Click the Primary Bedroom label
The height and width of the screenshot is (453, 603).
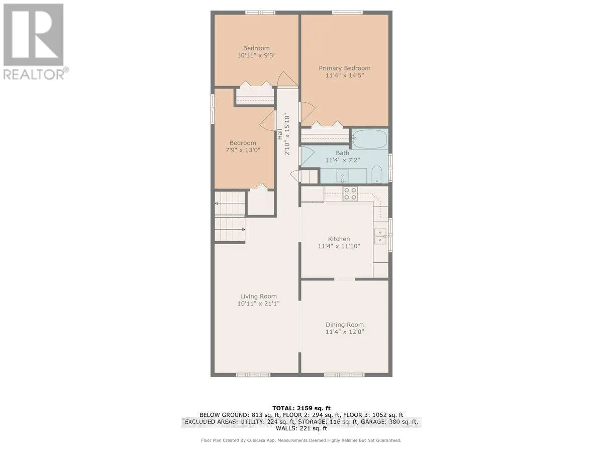coord(344,68)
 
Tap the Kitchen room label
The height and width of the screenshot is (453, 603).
coord(339,239)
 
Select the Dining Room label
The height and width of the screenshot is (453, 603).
coord(344,325)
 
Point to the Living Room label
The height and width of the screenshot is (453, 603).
coord(258,296)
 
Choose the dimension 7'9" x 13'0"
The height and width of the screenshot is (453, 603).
coord(243,150)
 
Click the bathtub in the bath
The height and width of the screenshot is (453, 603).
coord(369,138)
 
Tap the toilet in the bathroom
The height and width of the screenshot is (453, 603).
coord(377,176)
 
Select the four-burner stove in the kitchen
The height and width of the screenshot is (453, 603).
coord(350,194)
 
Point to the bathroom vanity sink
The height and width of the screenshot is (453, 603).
coord(344,176)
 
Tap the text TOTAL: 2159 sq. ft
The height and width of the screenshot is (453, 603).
coord(301,408)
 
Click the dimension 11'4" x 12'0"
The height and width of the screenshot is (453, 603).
coord(344,332)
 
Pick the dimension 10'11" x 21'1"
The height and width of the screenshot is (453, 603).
coord(258,304)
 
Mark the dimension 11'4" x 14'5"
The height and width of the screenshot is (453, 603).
coord(344,76)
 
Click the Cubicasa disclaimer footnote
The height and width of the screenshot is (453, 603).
coord(301,440)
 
